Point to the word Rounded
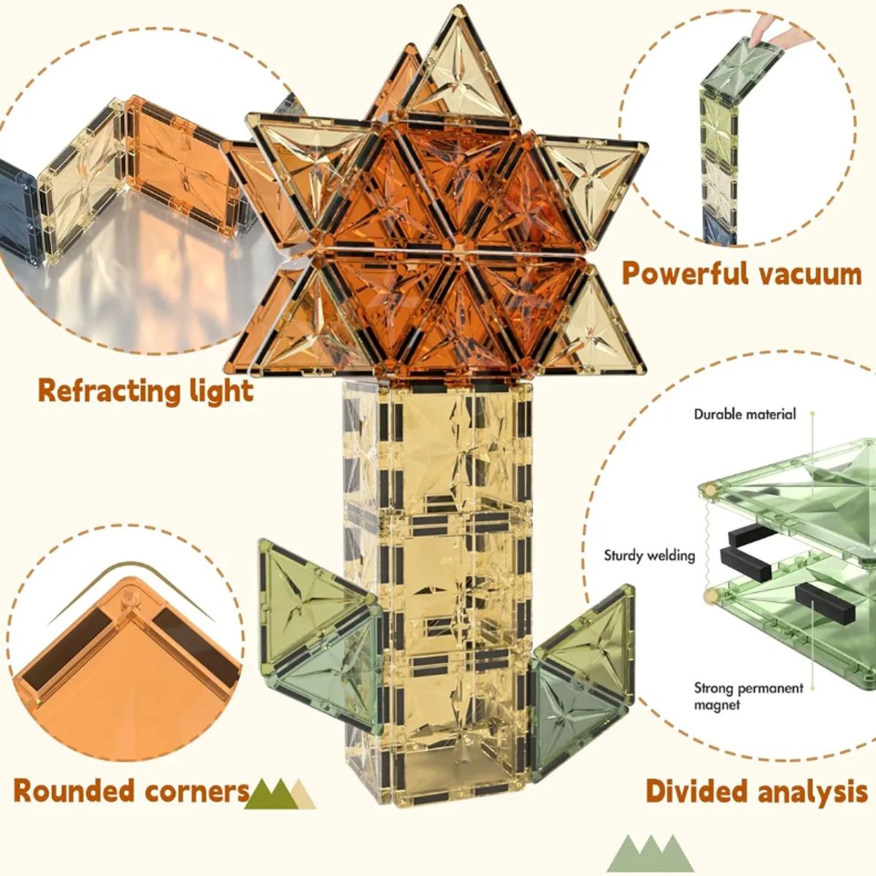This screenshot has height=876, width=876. click(x=75, y=791)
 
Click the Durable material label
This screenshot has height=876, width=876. click(x=745, y=414)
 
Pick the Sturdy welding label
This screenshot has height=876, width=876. click(x=650, y=556)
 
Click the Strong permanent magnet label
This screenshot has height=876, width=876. click(x=748, y=696)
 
